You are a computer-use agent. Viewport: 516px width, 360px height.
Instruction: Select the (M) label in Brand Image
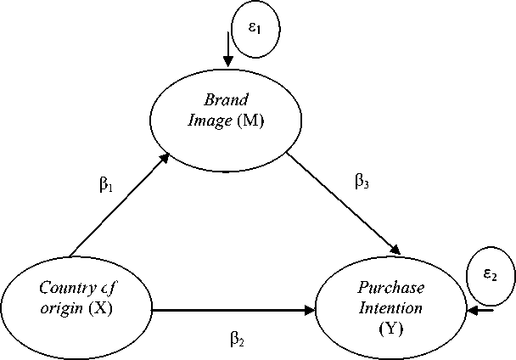[252, 121]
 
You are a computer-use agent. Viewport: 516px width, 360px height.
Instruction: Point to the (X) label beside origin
[101, 308]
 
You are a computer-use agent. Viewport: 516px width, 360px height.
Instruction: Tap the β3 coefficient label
[362, 181]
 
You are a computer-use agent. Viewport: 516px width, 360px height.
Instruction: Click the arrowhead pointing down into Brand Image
[227, 61]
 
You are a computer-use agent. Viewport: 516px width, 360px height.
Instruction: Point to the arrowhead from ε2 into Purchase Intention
[470, 311]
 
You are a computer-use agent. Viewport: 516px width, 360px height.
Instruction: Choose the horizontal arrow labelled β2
[229, 311]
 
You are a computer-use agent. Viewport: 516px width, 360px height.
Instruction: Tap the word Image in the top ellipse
[207, 121]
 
